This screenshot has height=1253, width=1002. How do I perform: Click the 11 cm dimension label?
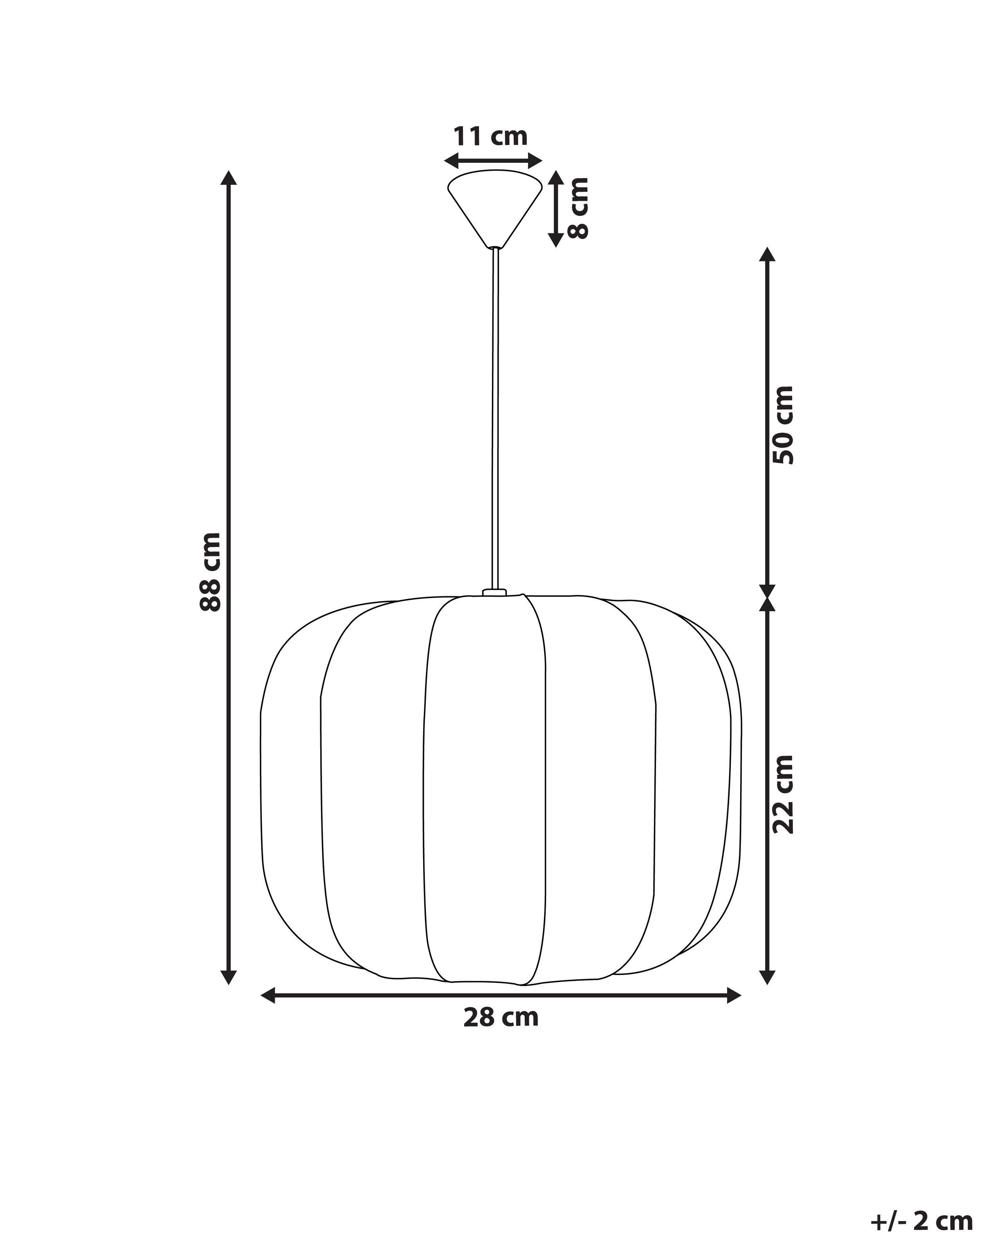point(490,137)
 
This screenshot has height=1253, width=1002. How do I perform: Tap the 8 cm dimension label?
point(578,208)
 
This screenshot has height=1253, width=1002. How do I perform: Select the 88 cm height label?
point(210,571)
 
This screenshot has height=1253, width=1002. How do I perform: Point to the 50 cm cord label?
point(784,425)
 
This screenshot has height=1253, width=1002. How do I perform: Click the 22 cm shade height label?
point(784,794)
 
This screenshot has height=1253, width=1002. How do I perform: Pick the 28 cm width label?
point(501,1018)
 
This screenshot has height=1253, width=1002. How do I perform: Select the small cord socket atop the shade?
point(494,592)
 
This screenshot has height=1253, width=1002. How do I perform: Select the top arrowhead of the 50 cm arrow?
point(768,254)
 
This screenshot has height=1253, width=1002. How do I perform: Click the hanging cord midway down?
point(495,419)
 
